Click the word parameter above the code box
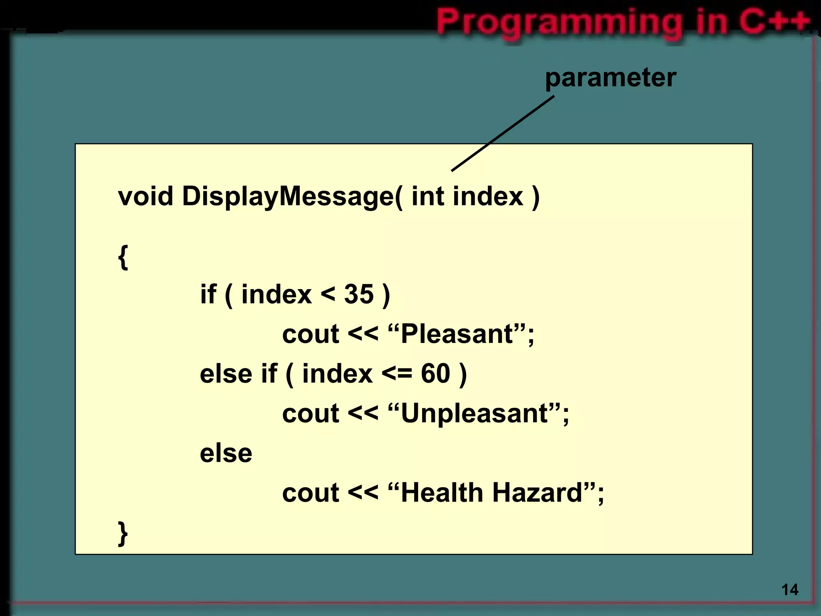click(x=610, y=78)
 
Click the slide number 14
click(x=790, y=590)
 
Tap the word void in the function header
click(x=146, y=197)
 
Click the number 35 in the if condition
click(x=359, y=294)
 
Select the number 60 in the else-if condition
click(x=435, y=374)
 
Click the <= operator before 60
click(x=396, y=374)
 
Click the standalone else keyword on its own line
click(x=226, y=454)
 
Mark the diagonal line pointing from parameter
click(x=503, y=134)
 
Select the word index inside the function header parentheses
click(x=488, y=197)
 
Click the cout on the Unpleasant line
click(x=311, y=413)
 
